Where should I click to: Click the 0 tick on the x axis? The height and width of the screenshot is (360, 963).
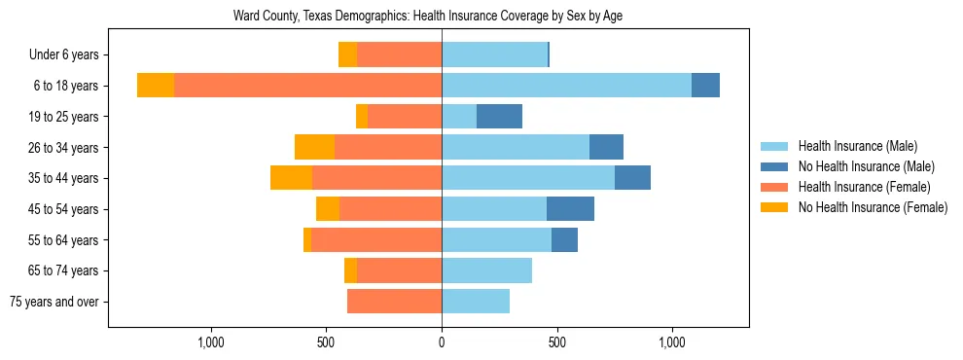point(442,342)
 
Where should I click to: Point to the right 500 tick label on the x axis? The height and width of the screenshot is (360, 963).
point(556,342)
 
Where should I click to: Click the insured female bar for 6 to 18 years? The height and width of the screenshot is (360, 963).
point(307,86)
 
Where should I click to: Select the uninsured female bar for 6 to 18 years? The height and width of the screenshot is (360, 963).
point(156,86)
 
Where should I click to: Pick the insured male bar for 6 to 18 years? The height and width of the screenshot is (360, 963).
point(566,86)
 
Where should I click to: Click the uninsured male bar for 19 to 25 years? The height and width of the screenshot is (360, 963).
point(499,117)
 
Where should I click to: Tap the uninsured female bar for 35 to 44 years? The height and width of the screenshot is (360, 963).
point(291,178)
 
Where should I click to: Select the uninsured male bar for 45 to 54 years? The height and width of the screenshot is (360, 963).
point(570,209)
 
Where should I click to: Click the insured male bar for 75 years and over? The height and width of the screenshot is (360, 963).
point(476,302)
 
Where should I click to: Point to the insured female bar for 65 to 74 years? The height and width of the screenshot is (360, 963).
point(399,270)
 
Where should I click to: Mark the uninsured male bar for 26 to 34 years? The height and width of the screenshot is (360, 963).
point(606,147)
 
